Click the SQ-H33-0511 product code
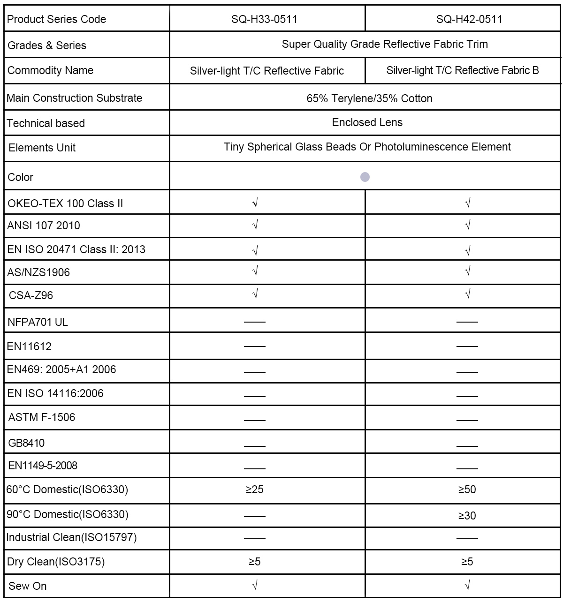tap(264, 19)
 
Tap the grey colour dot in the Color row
tap(365, 177)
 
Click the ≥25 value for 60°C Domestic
tap(255, 489)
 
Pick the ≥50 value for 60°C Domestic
tap(467, 489)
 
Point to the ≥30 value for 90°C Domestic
tap(467, 516)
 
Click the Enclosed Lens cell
tap(367, 122)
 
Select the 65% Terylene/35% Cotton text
tap(369, 98)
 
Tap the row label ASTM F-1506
tap(42, 417)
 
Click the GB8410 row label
tap(26, 443)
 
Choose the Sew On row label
tap(27, 586)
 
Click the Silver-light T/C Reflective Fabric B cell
tap(462, 70)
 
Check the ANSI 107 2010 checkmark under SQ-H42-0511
tap(467, 225)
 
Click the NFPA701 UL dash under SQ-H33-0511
tap(255, 322)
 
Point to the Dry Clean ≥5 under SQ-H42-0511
tap(467, 562)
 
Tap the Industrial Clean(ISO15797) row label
tap(71, 537)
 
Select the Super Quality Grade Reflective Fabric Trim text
tap(385, 44)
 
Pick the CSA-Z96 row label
tap(31, 295)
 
